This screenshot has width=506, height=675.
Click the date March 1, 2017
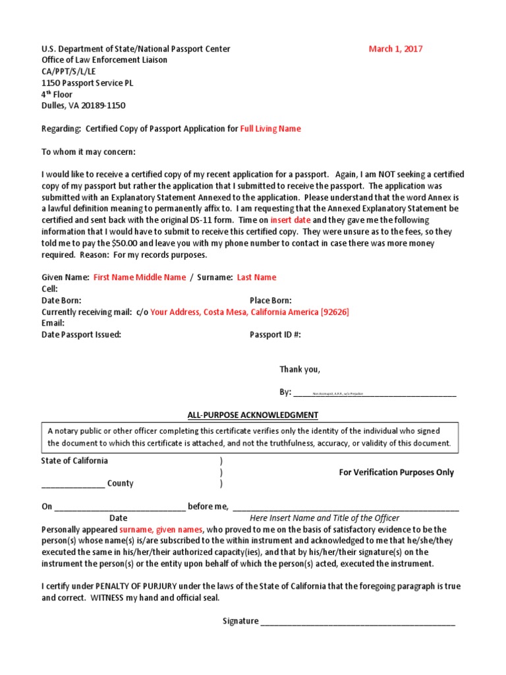[395, 49]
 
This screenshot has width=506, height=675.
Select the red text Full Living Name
[270, 129]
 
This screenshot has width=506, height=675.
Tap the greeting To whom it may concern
[89, 152]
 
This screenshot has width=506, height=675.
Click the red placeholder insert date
[290, 220]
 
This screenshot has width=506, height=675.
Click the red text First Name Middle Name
[140, 278]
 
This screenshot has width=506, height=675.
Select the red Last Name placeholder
[256, 278]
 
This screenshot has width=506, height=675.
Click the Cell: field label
[50, 289]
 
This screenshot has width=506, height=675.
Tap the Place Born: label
[270, 300]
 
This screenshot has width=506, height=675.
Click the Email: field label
[53, 323]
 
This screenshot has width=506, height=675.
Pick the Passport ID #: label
[275, 335]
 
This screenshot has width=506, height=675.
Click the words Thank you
[300, 369]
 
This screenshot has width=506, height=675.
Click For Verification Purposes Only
[396, 472]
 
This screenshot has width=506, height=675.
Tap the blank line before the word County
[72, 484]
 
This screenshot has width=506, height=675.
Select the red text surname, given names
[161, 529]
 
